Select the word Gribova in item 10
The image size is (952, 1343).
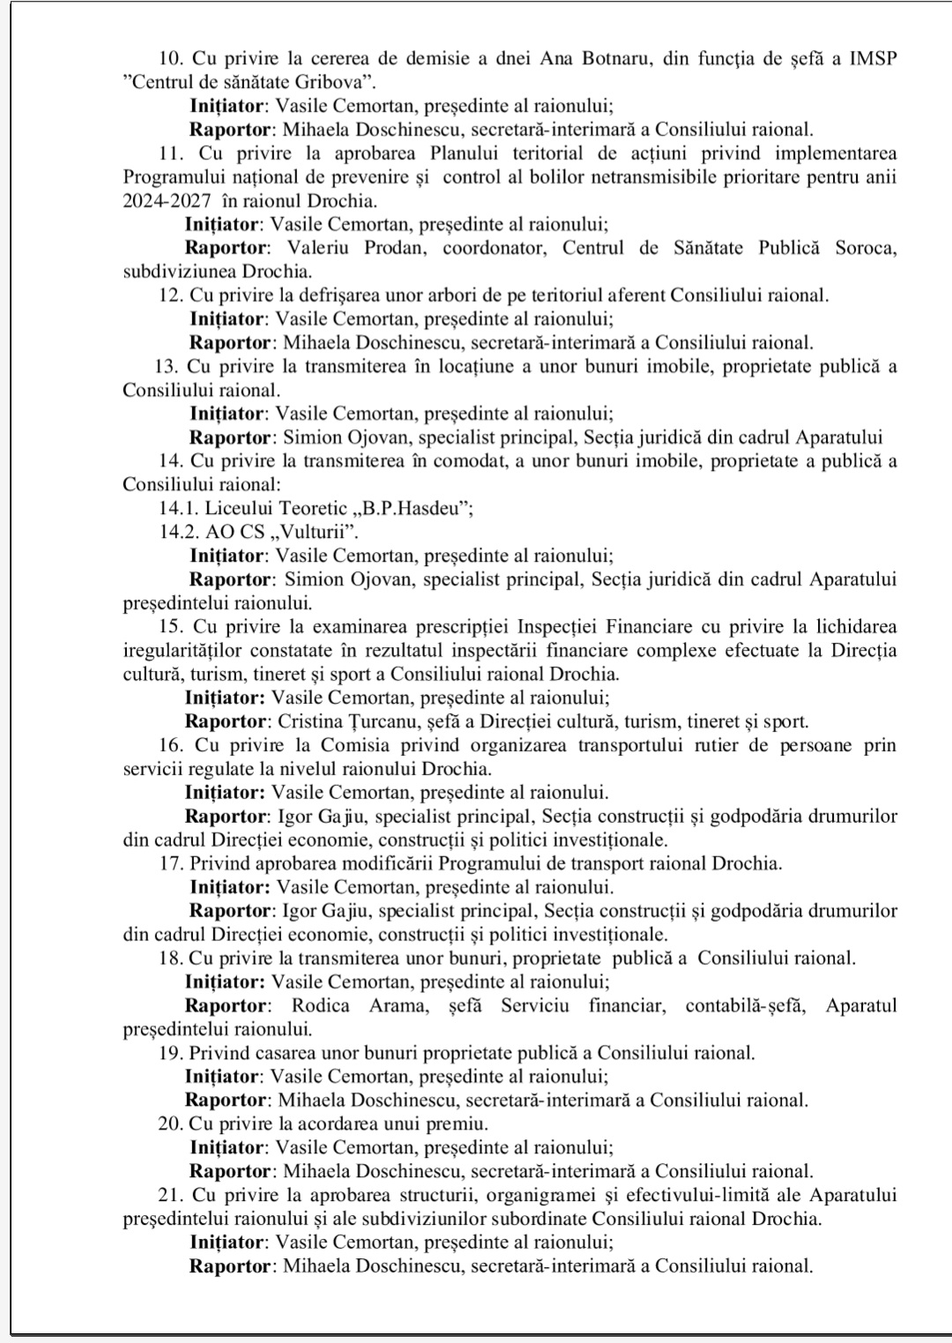click(x=325, y=82)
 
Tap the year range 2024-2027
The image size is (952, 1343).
click(x=167, y=200)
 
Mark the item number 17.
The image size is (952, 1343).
click(x=171, y=863)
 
